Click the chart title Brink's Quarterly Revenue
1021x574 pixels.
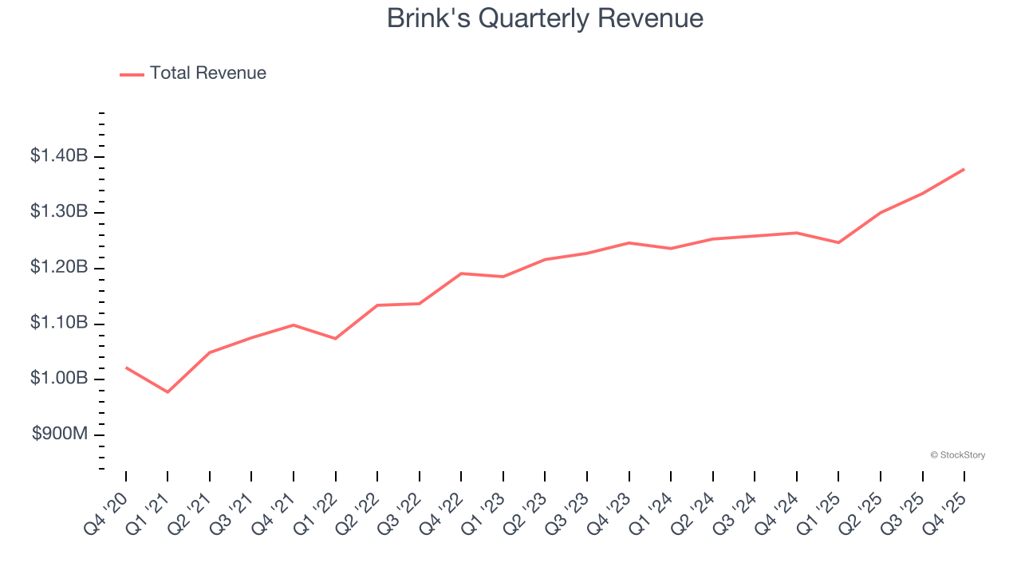click(x=545, y=18)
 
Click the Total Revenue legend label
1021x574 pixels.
click(x=207, y=73)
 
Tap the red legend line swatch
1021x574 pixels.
click(x=132, y=74)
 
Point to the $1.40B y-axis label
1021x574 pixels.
click(x=59, y=156)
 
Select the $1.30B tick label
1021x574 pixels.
click(x=59, y=212)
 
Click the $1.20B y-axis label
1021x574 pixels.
click(x=59, y=267)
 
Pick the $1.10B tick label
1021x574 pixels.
click(x=59, y=323)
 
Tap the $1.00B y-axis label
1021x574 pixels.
click(x=59, y=378)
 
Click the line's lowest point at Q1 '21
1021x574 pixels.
click(x=168, y=392)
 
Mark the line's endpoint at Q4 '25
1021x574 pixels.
click(x=964, y=169)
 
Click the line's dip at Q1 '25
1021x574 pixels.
click(x=838, y=242)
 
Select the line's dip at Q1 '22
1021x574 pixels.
click(x=335, y=339)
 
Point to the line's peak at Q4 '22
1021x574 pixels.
click(x=461, y=273)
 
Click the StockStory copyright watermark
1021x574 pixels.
click(x=957, y=455)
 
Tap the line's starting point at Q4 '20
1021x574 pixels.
click(x=126, y=368)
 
